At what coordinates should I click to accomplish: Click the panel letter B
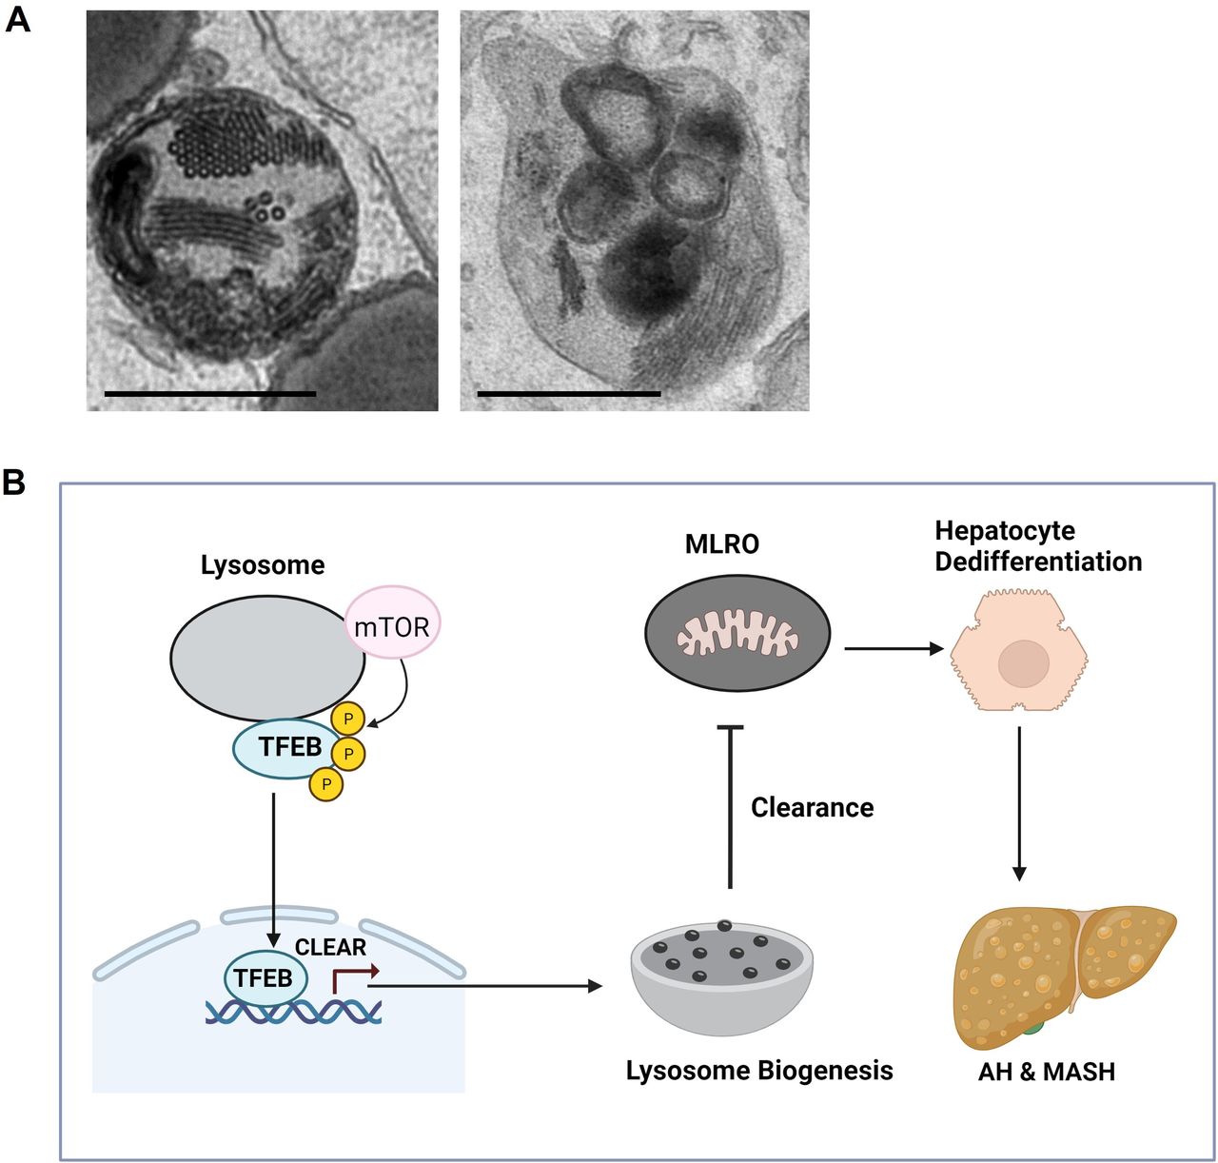coord(13,482)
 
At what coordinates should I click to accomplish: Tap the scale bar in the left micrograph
coord(209,393)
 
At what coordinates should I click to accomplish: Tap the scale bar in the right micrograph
coord(568,393)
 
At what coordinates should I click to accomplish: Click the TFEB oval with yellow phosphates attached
coord(285,748)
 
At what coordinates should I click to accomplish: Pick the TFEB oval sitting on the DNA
coord(264,978)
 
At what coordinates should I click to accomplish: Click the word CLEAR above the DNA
coord(330,947)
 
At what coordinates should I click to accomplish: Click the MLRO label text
coord(722,544)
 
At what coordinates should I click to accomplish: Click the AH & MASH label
coord(1046,1072)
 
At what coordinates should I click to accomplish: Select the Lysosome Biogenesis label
coord(759,1071)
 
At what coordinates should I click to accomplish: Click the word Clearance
coord(812,807)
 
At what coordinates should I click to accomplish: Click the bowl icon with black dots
coord(722,980)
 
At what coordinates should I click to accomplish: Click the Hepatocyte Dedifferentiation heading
coord(1038,546)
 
